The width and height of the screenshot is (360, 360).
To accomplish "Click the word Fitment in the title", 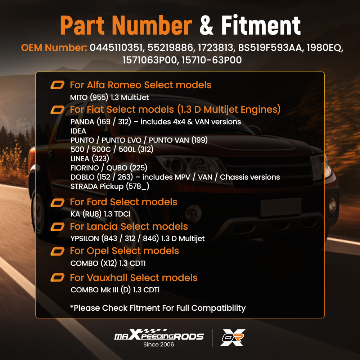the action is [x=261, y=25].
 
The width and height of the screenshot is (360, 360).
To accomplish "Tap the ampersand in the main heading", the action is [x=206, y=26].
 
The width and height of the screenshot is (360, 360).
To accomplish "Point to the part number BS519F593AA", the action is [x=270, y=48].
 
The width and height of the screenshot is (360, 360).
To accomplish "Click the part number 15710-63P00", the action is [x=212, y=60].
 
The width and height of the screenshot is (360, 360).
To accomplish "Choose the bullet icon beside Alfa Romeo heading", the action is [x=57, y=85].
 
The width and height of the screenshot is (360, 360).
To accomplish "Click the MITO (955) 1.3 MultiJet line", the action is [x=109, y=97].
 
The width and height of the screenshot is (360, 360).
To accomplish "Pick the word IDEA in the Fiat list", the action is [x=78, y=131].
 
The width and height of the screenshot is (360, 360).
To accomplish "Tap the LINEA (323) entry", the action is [x=90, y=159].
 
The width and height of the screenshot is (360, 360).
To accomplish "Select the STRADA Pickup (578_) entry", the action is [x=110, y=186].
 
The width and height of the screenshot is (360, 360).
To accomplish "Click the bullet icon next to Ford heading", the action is [x=57, y=202].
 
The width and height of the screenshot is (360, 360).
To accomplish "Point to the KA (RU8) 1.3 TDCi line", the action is [x=100, y=214].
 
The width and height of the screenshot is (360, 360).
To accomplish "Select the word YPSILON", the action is [x=85, y=239].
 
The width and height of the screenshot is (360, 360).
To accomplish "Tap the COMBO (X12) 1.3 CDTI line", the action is [x=108, y=263].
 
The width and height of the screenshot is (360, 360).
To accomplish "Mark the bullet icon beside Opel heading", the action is [x=57, y=251].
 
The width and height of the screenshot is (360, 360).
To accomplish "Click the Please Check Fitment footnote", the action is [x=158, y=308].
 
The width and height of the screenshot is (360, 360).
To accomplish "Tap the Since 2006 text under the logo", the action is [x=159, y=345].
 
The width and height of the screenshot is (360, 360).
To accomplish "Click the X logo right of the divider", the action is [x=232, y=338].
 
